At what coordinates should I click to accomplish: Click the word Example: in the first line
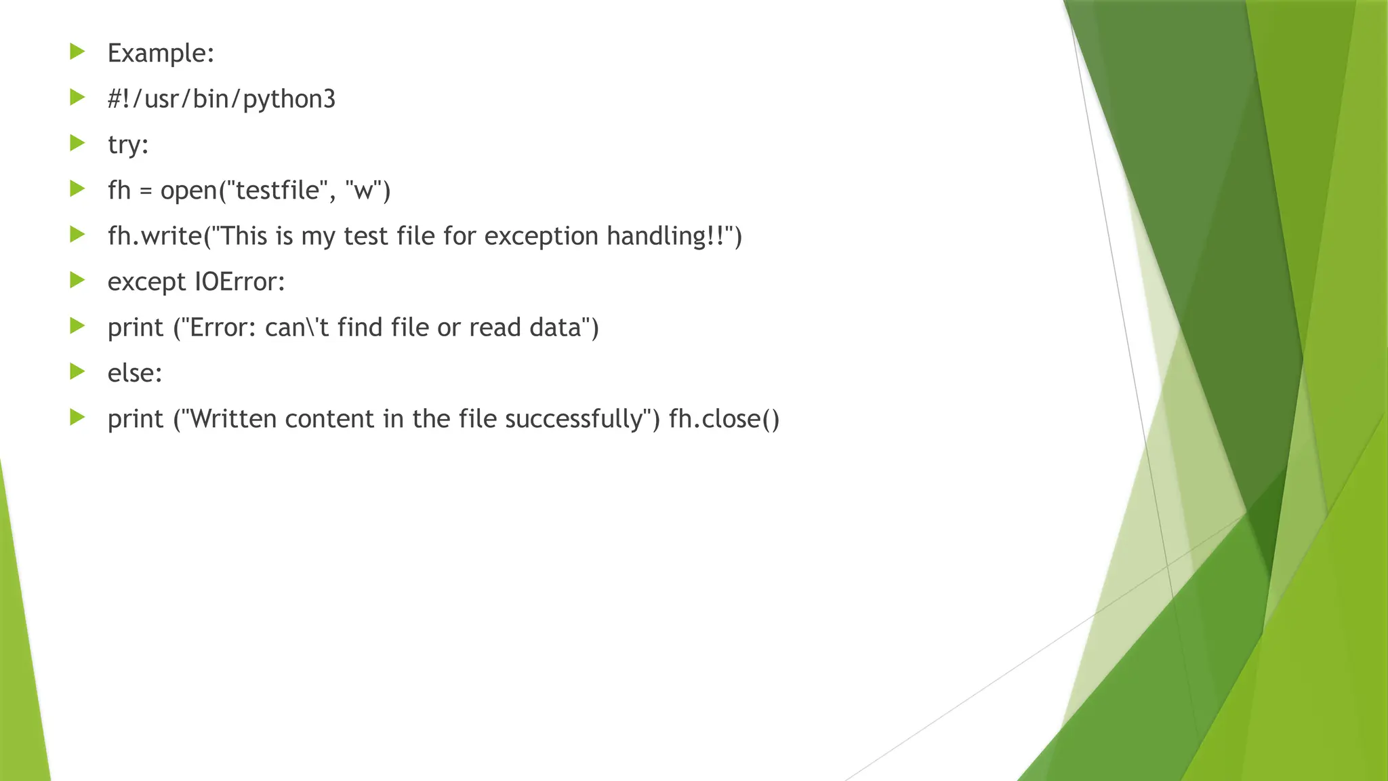point(161,54)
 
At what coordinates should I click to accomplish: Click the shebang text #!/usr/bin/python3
point(222,99)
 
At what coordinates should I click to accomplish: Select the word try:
point(128,145)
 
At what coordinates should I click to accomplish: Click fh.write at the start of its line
point(155,236)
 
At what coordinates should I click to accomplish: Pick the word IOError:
point(240,281)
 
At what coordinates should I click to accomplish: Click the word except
point(146,281)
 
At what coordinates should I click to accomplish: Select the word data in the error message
point(561,327)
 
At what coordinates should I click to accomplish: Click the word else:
point(135,373)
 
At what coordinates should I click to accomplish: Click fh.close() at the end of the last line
point(724,419)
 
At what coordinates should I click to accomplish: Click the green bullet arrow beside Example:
point(77,52)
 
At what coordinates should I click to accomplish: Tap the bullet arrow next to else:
point(77,372)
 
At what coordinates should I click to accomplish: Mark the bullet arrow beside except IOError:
point(77,280)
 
